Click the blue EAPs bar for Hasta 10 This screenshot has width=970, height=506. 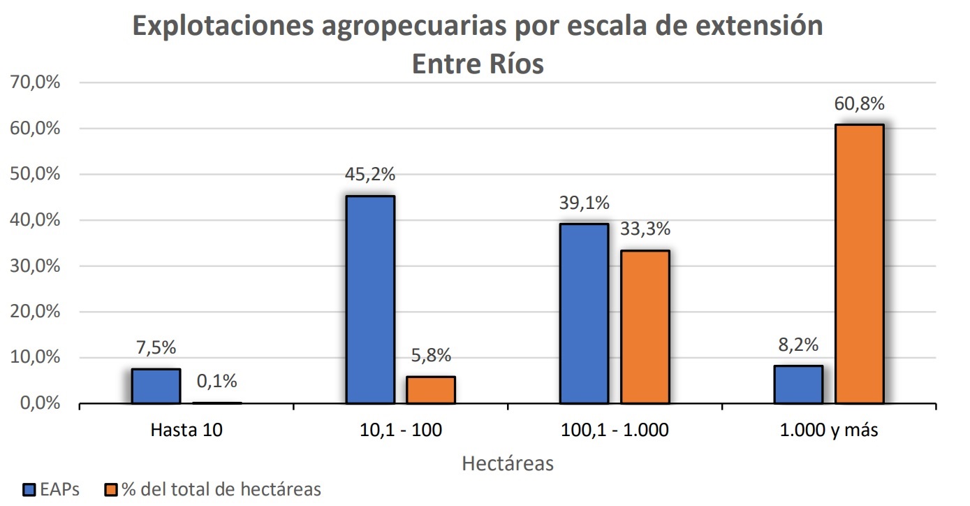156,386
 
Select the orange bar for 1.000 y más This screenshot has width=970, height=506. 859,264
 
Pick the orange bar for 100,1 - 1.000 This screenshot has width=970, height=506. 645,326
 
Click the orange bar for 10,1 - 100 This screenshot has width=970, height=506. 430,390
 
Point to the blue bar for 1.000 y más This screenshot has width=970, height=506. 798,384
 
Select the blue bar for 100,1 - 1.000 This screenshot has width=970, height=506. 584,313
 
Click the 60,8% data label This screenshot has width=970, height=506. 859,104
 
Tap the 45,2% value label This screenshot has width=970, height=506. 369,174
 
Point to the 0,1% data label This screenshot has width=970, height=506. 216,381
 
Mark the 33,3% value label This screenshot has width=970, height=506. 645,229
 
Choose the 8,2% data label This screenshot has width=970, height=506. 798,345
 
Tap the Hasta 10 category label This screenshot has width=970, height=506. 186,430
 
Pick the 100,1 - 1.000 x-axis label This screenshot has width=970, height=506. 615,430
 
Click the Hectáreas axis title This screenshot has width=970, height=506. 508,463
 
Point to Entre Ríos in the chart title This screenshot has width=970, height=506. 478,64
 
